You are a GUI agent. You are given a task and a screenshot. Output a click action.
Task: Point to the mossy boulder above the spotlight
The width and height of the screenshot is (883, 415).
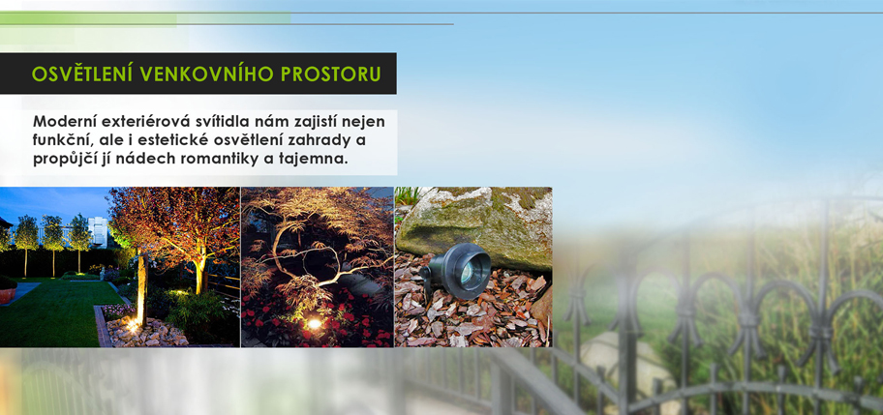pyautogui.click(x=474, y=225)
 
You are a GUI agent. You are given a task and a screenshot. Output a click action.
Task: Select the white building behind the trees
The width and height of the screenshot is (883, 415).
pyautogui.click(x=98, y=231)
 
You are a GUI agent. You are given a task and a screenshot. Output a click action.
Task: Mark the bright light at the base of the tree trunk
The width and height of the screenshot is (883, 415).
pyautogui.click(x=134, y=323)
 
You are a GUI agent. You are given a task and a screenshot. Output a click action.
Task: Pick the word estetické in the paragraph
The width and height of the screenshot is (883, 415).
pyautogui.click(x=187, y=140)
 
